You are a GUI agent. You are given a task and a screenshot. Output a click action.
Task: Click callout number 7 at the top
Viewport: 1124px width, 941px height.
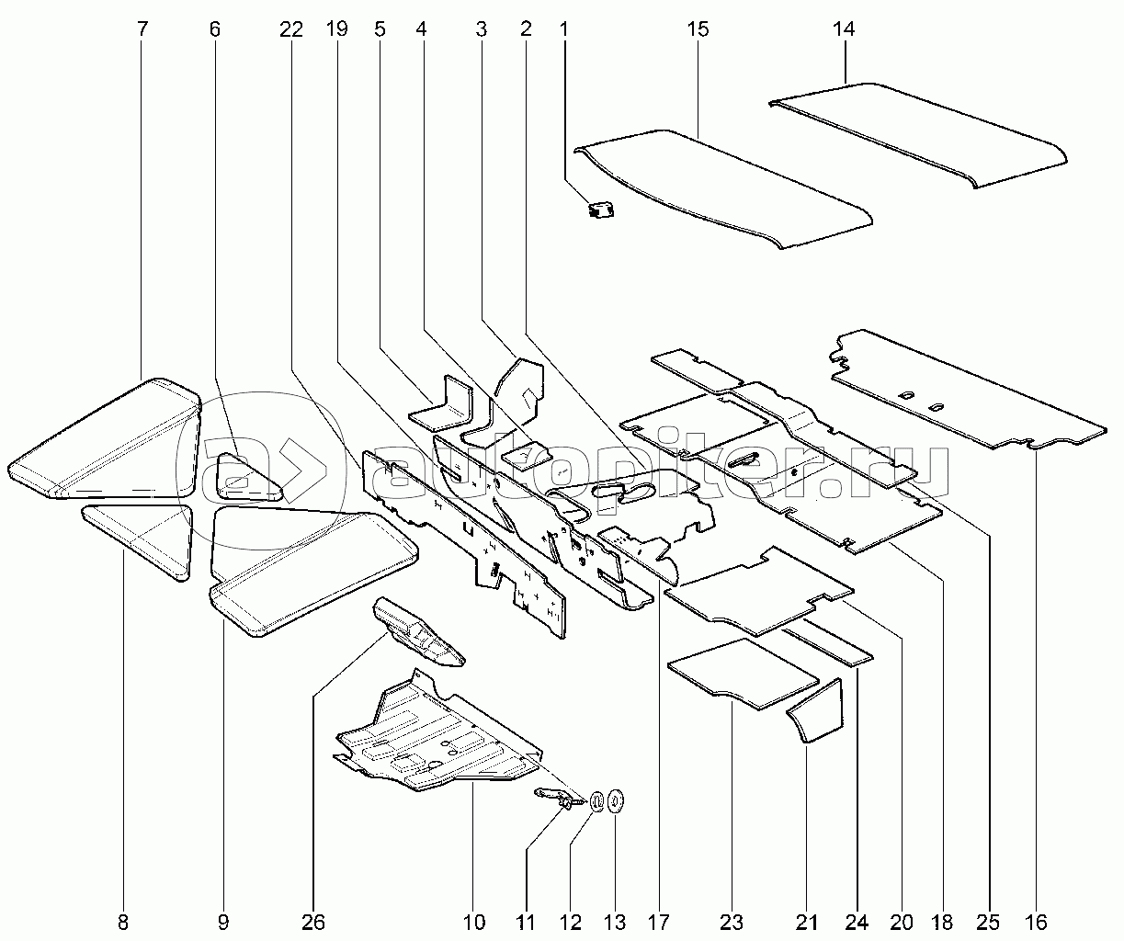(142, 29)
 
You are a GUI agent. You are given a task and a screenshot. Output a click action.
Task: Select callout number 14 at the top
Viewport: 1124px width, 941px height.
(844, 29)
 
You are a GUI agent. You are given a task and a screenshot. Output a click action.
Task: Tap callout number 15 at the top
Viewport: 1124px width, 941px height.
(698, 29)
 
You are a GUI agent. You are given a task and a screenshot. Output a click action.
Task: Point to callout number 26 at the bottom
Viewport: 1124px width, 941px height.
(312, 922)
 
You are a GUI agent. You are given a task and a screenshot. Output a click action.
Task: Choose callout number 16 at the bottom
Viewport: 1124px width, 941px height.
(1035, 922)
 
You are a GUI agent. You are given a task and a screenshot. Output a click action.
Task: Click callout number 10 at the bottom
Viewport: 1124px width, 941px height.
(474, 922)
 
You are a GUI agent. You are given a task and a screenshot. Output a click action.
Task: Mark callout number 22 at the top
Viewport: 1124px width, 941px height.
(291, 29)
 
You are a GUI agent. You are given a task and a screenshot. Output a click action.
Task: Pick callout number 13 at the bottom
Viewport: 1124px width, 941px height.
(614, 922)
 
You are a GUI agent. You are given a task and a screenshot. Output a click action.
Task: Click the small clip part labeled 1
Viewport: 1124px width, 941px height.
(602, 210)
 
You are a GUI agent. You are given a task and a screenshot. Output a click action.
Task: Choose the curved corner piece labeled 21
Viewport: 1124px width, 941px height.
(817, 712)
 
